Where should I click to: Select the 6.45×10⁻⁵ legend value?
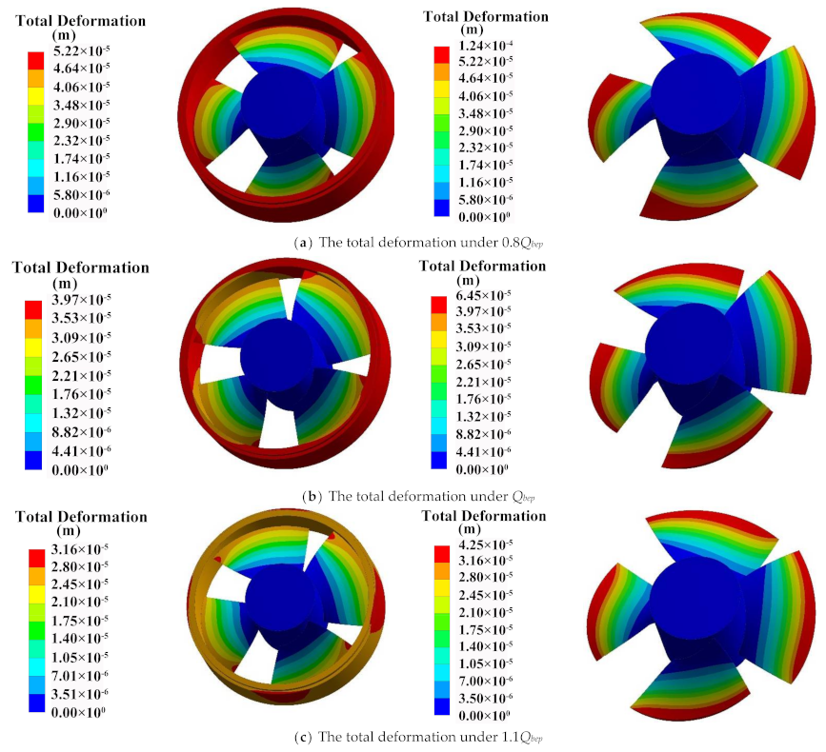(x=484, y=295)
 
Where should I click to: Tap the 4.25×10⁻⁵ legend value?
(x=486, y=544)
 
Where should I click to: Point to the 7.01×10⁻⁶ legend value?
(x=79, y=675)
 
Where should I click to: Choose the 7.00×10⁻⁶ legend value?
(x=486, y=681)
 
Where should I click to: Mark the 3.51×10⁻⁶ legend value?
(x=79, y=694)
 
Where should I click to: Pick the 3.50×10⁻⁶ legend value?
(x=486, y=698)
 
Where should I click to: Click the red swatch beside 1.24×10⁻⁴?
(x=442, y=54)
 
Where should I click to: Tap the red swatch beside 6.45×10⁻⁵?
(x=439, y=305)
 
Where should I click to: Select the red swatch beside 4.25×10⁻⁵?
(x=442, y=554)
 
